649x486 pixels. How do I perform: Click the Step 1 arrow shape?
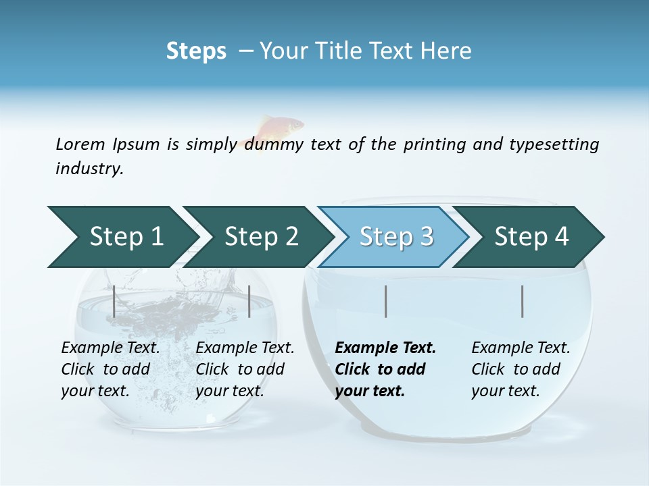[x=122, y=237]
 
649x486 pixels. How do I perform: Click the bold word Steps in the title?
[x=196, y=51]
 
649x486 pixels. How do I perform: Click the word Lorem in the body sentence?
[x=80, y=144]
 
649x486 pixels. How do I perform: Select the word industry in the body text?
[x=89, y=169]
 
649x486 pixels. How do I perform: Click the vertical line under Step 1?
[x=114, y=301]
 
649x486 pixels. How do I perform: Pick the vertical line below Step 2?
[x=249, y=301]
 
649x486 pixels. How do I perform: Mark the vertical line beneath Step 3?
[x=385, y=301]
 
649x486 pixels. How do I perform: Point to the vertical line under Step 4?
[x=523, y=301]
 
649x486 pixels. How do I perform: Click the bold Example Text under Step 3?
[x=385, y=348]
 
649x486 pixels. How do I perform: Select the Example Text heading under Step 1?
[x=110, y=348]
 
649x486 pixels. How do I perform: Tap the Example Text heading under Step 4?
[x=521, y=348]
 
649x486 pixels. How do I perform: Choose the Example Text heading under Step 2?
[x=245, y=348]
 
